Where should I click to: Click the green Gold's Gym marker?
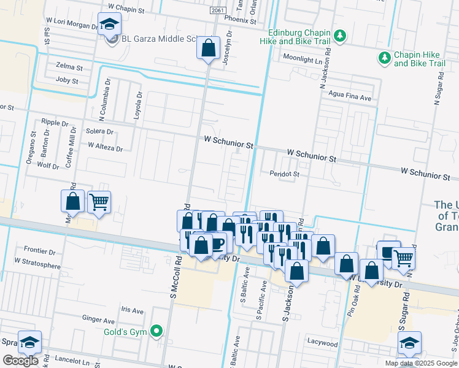click(157, 332)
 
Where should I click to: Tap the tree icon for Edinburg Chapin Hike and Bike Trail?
click(339, 37)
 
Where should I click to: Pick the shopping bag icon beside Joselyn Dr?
click(208, 47)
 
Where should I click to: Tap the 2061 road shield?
click(217, 11)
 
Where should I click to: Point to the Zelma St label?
click(69, 66)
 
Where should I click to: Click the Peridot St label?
click(284, 174)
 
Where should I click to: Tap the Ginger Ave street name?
click(99, 320)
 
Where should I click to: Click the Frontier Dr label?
click(39, 251)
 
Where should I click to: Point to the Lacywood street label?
click(323, 344)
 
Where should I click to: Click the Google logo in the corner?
click(20, 361)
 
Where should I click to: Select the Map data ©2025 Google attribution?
click(421, 363)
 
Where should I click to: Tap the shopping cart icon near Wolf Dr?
click(99, 201)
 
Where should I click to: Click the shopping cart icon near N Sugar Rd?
click(403, 258)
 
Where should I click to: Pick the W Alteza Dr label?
click(105, 147)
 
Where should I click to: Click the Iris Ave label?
click(132, 309)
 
